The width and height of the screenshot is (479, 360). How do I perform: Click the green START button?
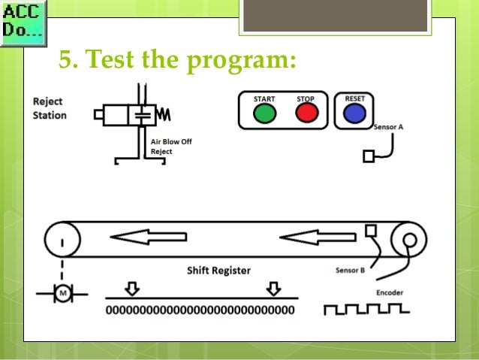click(x=264, y=113)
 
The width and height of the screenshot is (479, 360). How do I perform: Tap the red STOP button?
click(x=306, y=113)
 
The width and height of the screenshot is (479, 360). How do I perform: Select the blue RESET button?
click(x=354, y=113)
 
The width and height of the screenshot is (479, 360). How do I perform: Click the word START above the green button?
click(x=264, y=99)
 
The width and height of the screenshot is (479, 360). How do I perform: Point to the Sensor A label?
click(x=389, y=127)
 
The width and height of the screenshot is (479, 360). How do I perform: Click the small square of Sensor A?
click(x=369, y=157)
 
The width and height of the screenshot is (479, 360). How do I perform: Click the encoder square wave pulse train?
click(x=366, y=309)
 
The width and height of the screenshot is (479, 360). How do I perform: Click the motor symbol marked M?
click(x=63, y=292)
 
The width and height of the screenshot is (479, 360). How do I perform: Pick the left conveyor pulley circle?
click(x=62, y=241)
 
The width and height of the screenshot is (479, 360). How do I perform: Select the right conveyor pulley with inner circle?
click(x=409, y=241)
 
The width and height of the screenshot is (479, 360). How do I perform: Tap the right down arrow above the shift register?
click(x=273, y=289)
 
